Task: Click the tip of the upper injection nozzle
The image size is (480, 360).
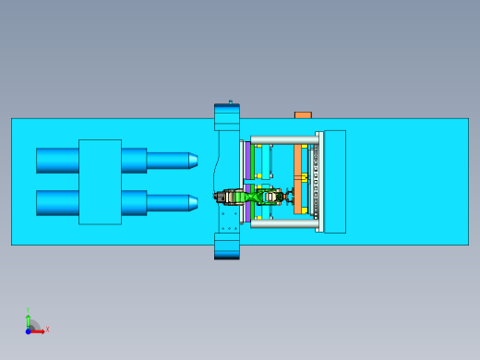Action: [x=194, y=161]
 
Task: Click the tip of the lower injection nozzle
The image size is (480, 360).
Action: [x=194, y=202]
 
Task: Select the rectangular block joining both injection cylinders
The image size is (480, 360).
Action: [x=100, y=182]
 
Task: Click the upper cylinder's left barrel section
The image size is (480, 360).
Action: [x=57, y=161]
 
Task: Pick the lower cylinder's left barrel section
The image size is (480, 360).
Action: [x=57, y=202]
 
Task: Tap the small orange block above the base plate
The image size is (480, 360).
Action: [x=303, y=114]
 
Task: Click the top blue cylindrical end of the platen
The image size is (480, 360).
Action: [x=227, y=115]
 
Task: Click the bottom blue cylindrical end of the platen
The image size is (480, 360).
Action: [x=227, y=246]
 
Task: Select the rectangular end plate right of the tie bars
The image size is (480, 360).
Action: [x=334, y=181]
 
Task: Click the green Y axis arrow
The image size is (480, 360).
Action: [x=29, y=319]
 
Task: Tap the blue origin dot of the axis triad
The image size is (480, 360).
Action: [x=29, y=330]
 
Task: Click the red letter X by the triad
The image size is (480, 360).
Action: [x=47, y=329]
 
